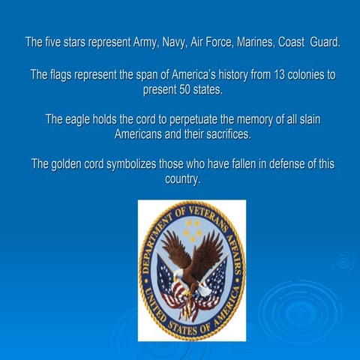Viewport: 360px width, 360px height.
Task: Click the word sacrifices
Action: (220, 135)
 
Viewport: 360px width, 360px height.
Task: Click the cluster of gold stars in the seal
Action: (192, 229)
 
